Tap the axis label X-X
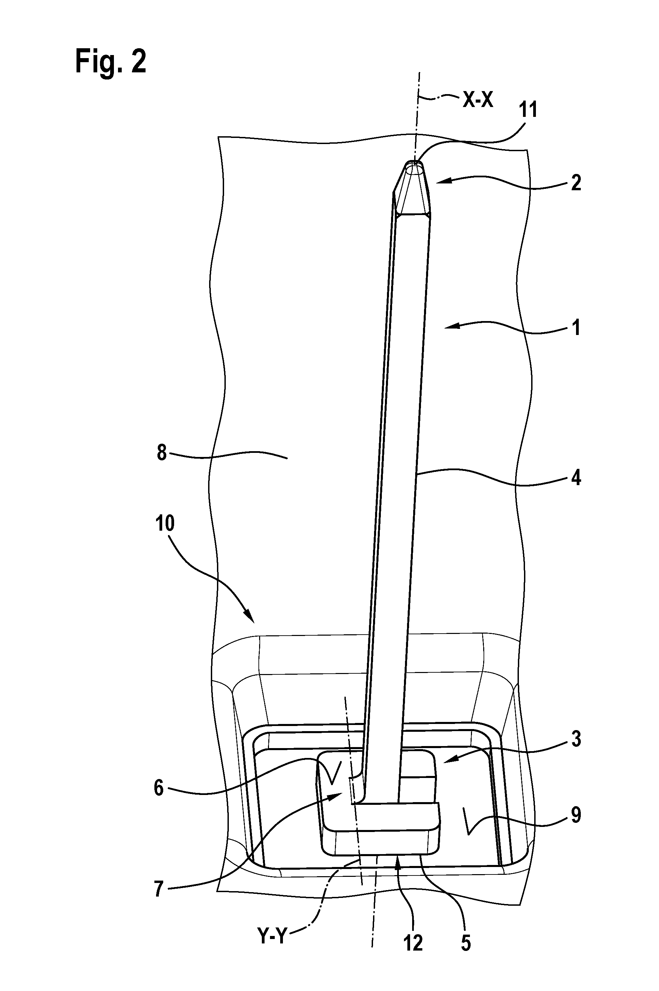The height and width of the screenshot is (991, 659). [478, 101]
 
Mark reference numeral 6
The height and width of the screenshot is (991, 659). [158, 789]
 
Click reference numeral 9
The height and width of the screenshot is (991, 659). [576, 815]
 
